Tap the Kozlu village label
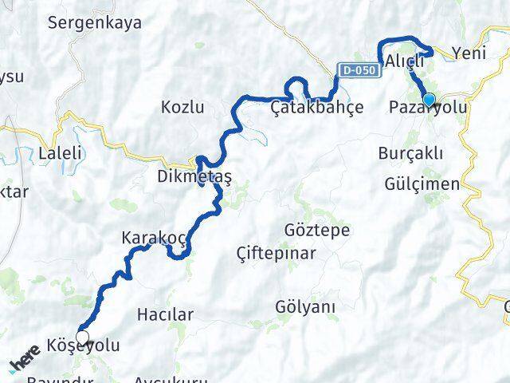[182, 107]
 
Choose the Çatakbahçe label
[316, 107]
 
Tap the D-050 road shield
[357, 71]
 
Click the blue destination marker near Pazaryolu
[430, 100]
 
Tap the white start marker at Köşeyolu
[82, 338]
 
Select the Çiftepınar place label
[277, 254]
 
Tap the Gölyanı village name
[304, 306]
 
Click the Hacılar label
[165, 315]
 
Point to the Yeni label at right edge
[468, 53]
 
